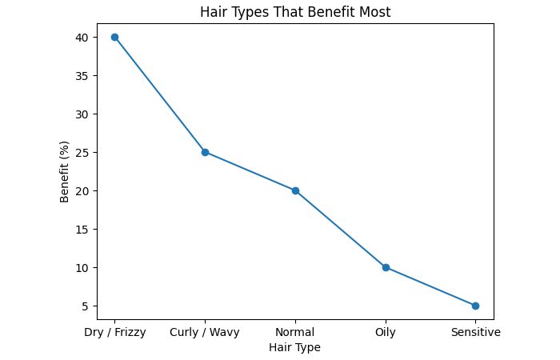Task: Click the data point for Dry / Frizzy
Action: pyautogui.click(x=114, y=37)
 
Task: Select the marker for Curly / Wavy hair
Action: pyautogui.click(x=205, y=152)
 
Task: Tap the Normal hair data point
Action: pyautogui.click(x=295, y=190)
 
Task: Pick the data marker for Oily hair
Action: pyautogui.click(x=386, y=267)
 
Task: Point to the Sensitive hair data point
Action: pyautogui.click(x=475, y=306)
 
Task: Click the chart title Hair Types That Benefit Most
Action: pyautogui.click(x=295, y=12)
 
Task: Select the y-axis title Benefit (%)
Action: pyautogui.click(x=65, y=172)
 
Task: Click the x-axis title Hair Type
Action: pyautogui.click(x=295, y=347)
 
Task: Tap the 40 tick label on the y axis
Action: pyautogui.click(x=81, y=37)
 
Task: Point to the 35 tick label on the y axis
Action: pyautogui.click(x=81, y=75)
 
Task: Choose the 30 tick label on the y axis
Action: pyautogui.click(x=81, y=114)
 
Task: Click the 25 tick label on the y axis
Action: pyautogui.click(x=81, y=152)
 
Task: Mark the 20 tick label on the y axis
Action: pyautogui.click(x=81, y=190)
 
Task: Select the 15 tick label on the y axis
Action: pyautogui.click(x=81, y=229)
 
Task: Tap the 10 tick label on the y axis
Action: pyautogui.click(x=81, y=267)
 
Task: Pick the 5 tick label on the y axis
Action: pyautogui.click(x=84, y=306)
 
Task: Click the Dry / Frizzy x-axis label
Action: pyautogui.click(x=114, y=332)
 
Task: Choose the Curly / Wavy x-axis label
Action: pyautogui.click(x=205, y=332)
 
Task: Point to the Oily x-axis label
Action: pyautogui.click(x=386, y=332)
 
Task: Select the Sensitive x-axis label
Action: pyautogui.click(x=475, y=332)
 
